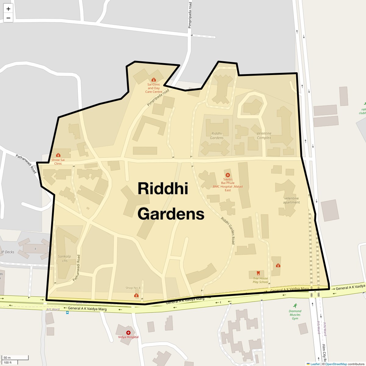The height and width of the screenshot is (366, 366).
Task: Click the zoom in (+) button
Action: [x=8, y=9]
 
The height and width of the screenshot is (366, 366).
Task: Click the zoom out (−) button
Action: [x=8, y=18]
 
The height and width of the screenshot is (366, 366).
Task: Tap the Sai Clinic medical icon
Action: [x=153, y=80]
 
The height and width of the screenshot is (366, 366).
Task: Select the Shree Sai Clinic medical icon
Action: [x=58, y=155]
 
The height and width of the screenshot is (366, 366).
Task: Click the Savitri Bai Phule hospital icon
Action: [x=228, y=175]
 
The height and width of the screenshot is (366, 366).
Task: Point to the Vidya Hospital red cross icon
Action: [x=128, y=333]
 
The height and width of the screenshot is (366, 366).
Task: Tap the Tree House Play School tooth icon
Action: [x=258, y=273]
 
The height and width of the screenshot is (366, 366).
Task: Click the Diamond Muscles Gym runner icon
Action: [x=295, y=306]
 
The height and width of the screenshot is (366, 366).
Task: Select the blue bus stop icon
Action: [x=67, y=312]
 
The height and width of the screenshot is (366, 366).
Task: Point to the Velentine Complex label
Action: [x=264, y=135]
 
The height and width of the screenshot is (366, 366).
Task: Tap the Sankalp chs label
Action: [x=64, y=258]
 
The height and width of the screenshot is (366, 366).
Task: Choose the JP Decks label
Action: [x=8, y=252]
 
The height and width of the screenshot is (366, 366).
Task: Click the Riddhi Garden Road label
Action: [x=228, y=230]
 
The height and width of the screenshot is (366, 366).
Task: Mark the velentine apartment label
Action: [x=291, y=200]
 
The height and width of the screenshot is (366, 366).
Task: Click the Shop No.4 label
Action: [x=133, y=288]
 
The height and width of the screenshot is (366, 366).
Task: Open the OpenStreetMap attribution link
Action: [x=336, y=364]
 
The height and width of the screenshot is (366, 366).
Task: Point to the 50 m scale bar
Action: [x=15, y=358]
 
